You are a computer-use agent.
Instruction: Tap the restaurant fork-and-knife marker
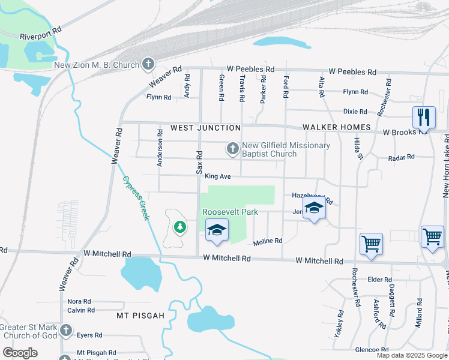point(424,118)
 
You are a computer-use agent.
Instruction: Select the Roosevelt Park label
point(230,212)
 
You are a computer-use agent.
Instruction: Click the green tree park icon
point(179,227)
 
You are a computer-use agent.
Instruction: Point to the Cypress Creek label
point(136,198)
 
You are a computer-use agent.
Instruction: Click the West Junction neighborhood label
point(205,128)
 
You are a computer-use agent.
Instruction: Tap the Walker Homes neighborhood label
point(336,127)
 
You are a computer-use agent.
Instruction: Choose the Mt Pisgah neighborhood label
point(140,315)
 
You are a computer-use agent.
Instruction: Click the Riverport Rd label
point(41,32)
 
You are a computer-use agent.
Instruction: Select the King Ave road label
point(218,176)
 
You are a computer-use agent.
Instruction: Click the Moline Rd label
point(267,241)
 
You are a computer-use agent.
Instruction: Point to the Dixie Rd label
point(355,112)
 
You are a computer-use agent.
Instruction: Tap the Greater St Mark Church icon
point(66,330)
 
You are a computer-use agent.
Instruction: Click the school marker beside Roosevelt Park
point(217,230)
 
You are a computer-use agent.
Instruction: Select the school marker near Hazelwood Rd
point(313,209)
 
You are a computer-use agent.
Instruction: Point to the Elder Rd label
point(379,280)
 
